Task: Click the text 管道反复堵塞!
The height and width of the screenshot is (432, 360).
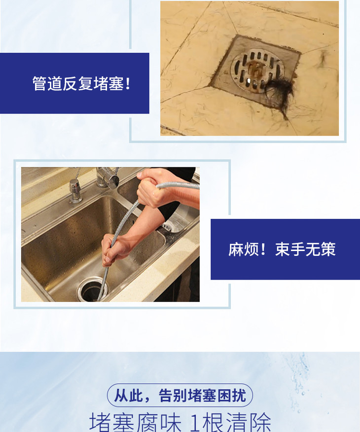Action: tap(81, 83)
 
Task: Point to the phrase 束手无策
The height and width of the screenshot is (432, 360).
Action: tap(305, 250)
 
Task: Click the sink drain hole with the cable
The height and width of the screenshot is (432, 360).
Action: tap(92, 289)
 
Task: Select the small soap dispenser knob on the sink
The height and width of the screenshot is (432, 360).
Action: tap(75, 190)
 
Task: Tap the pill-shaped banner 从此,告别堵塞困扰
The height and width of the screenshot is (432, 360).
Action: tap(180, 396)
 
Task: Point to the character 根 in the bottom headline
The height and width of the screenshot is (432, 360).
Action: tap(214, 422)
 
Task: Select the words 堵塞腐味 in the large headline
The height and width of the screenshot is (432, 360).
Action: tap(135, 422)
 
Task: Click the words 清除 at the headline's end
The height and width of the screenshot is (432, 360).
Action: tap(249, 422)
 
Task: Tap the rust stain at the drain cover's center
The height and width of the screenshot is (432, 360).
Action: tap(255, 69)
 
